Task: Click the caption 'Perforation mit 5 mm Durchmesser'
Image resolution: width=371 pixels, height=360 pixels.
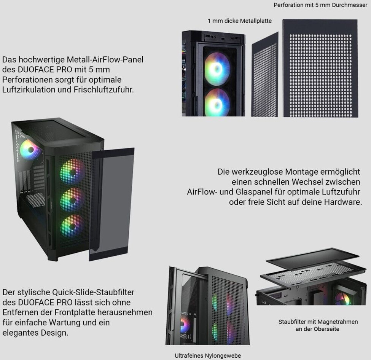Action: pyautogui.click(x=320, y=5)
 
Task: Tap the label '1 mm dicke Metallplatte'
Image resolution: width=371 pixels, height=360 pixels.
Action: pyautogui.click(x=239, y=21)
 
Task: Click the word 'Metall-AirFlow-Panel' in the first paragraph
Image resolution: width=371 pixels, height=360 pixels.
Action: pyautogui.click(x=105, y=59)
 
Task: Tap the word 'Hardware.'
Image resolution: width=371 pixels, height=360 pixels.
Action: pyautogui.click(x=343, y=202)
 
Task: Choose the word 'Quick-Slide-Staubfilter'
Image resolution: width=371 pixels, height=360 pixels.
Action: pyautogui.click(x=93, y=292)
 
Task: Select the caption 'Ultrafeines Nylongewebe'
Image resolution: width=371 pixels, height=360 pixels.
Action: pyautogui.click(x=208, y=355)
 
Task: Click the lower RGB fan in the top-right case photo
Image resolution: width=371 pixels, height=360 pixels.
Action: pyautogui.click(x=217, y=102)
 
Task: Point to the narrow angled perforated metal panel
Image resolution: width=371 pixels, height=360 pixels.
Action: pyautogui.click(x=264, y=75)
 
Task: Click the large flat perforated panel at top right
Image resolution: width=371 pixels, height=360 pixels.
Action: pyautogui.click(x=320, y=68)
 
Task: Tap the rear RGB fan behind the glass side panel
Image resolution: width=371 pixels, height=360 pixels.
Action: pyautogui.click(x=30, y=150)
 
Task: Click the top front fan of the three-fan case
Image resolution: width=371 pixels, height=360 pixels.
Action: pyautogui.click(x=72, y=171)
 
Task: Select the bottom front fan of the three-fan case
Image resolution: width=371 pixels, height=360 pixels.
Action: pyautogui.click(x=72, y=227)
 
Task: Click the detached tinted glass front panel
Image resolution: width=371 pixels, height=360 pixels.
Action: pyautogui.click(x=111, y=204)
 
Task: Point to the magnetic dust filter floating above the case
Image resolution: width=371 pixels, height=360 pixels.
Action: pyautogui.click(x=313, y=259)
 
